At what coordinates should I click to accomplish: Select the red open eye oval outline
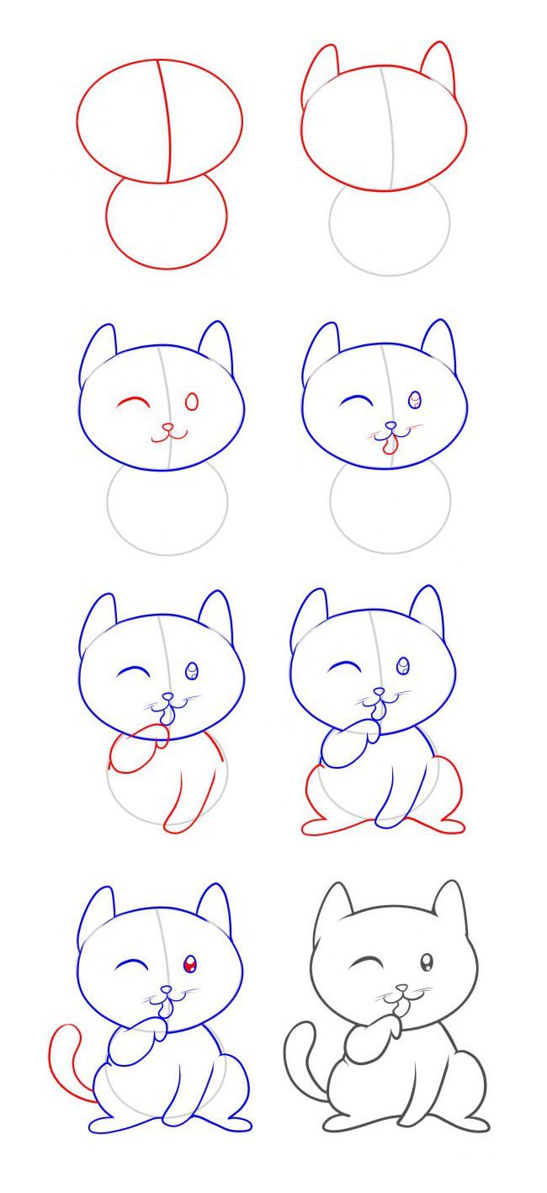192,402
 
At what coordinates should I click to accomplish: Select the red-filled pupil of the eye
191,964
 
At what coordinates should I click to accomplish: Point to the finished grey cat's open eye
427,962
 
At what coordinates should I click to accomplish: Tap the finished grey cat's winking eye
365,961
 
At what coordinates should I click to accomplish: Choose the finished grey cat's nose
402,988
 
